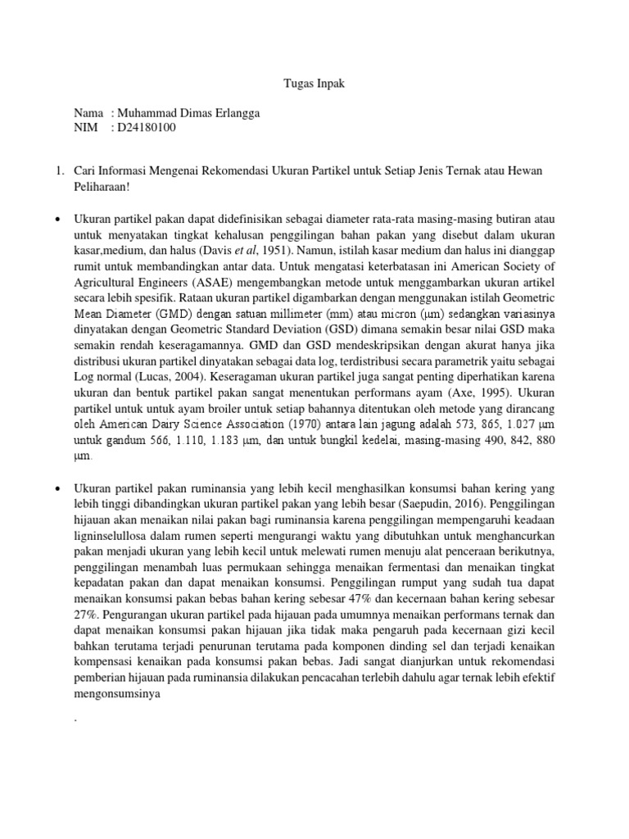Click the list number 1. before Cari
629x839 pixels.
coord(58,170)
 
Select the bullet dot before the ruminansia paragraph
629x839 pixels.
coord(58,488)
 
